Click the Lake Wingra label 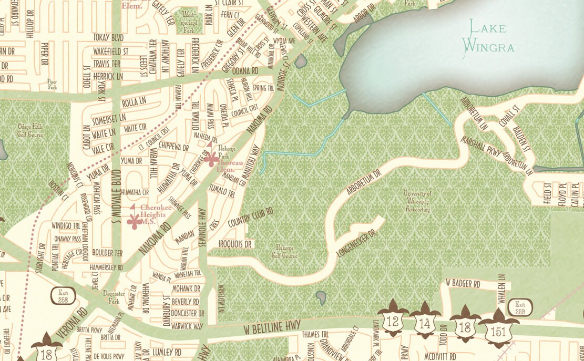pos(487,37)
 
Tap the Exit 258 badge pos(64,295)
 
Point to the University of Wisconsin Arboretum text pos(417,201)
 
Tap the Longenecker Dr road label pos(356,245)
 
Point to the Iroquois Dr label pos(235,244)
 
